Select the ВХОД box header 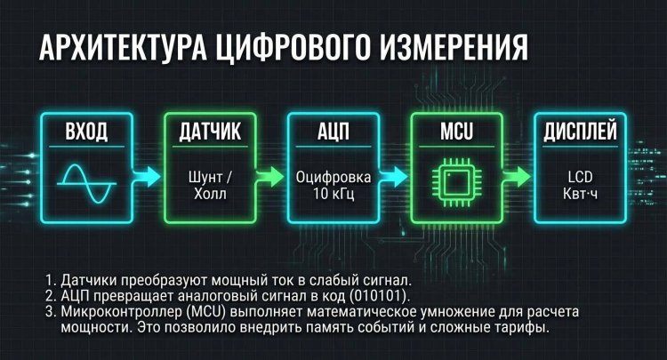tap(86, 132)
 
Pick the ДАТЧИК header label tap(210, 132)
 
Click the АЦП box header tap(333, 132)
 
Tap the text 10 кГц tap(333, 192)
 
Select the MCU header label tap(455, 132)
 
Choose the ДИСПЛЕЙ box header tap(579, 132)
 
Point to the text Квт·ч tap(579, 192)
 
